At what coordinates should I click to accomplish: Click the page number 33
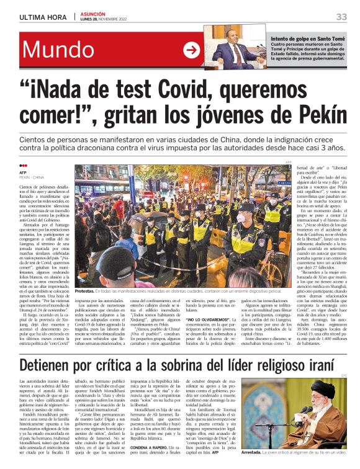pyautogui.click(x=341, y=17)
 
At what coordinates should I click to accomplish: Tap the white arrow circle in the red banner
pyautogui.click(x=191, y=51)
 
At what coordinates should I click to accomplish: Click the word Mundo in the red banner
pyautogui.click(x=59, y=51)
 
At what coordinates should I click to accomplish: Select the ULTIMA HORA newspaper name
pyautogui.click(x=38, y=17)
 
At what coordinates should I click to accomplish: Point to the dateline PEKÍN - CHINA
pyautogui.click(x=34, y=177)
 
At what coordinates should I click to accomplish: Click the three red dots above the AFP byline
pyautogui.click(x=24, y=166)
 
